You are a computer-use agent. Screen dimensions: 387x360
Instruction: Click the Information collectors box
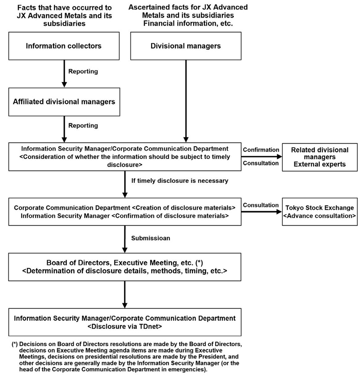coord(64,46)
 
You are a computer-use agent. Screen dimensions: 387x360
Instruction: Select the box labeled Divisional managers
coord(186,46)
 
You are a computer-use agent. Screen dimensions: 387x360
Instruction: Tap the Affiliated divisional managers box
coord(64,102)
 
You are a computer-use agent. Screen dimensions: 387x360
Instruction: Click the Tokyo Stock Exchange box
coord(319,212)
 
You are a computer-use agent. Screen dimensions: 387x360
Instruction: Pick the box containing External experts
coord(319,157)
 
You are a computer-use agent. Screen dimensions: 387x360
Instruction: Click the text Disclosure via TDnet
coord(124,326)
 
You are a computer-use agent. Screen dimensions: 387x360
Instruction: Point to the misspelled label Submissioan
coord(151,238)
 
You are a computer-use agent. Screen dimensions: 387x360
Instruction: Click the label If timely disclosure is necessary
coord(180,180)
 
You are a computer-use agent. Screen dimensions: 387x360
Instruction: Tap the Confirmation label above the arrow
coord(261,149)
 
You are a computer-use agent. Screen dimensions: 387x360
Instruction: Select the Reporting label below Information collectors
coord(83,72)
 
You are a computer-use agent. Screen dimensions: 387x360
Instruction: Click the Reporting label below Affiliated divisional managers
coord(83,126)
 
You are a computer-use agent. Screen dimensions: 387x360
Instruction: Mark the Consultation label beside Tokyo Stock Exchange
coord(261,205)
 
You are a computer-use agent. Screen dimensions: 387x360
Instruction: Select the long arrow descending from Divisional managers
coord(186,100)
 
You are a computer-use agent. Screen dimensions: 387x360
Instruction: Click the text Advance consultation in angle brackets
coord(319,216)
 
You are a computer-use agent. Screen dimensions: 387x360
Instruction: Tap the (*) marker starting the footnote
coord(15,344)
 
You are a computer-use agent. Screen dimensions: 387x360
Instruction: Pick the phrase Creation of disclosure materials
coord(183,208)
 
